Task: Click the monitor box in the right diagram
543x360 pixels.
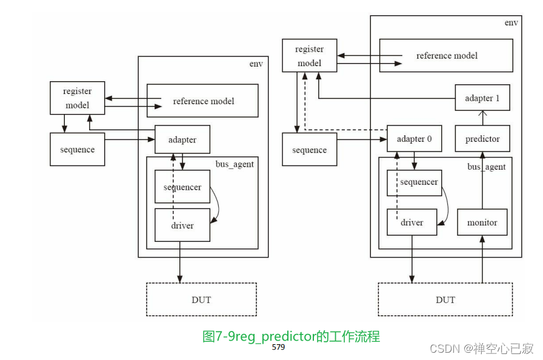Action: click(x=482, y=222)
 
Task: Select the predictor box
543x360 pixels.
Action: click(x=482, y=139)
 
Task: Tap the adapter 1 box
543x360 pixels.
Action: click(x=482, y=98)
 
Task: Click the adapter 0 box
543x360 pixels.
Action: click(x=414, y=139)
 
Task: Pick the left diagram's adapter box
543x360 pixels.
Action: click(x=182, y=139)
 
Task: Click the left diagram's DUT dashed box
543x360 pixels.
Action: click(x=201, y=299)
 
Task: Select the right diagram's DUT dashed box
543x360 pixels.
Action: click(x=445, y=299)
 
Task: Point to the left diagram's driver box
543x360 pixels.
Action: click(x=182, y=225)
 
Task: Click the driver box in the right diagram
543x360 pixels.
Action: click(x=412, y=222)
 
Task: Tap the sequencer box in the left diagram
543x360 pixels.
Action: click(x=182, y=187)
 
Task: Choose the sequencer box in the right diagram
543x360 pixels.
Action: click(x=414, y=182)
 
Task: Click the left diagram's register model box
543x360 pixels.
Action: click(x=78, y=98)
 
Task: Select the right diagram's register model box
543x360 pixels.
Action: click(x=310, y=56)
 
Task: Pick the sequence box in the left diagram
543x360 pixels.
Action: click(x=78, y=149)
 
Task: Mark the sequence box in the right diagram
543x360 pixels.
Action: click(x=310, y=150)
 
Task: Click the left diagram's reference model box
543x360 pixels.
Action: click(x=203, y=101)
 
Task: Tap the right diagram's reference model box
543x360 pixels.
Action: click(x=447, y=56)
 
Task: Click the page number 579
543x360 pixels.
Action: click(x=278, y=347)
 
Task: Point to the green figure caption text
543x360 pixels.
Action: click(x=291, y=336)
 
